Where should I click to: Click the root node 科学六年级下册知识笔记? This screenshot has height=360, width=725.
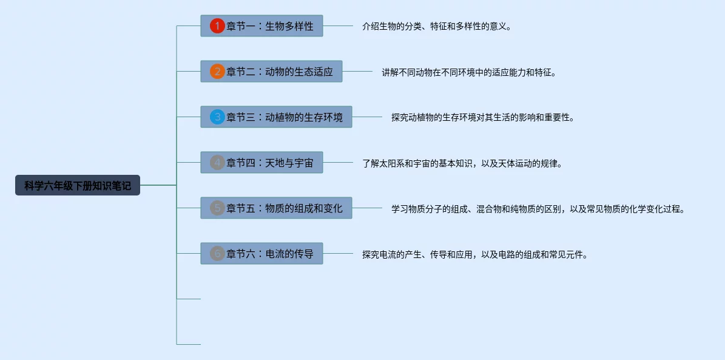pyautogui.click(x=78, y=185)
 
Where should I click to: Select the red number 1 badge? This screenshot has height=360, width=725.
pyautogui.click(x=217, y=26)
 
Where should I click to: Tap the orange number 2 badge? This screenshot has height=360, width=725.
pyautogui.click(x=217, y=72)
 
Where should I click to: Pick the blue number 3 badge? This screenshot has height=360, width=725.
pyautogui.click(x=217, y=117)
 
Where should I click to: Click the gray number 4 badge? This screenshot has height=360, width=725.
pyautogui.click(x=217, y=163)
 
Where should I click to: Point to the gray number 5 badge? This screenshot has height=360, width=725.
pyautogui.click(x=217, y=208)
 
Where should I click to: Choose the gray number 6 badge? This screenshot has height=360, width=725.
pyautogui.click(x=217, y=254)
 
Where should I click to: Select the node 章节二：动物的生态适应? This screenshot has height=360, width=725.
pyautogui.click(x=280, y=72)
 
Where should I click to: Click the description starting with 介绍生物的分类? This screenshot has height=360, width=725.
pyautogui.click(x=436, y=27)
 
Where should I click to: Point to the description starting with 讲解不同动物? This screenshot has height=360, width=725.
pyautogui.click(x=468, y=72)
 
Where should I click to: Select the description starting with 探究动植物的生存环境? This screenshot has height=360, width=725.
pyautogui.click(x=482, y=118)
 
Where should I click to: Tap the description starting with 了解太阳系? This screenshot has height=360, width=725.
pyautogui.click(x=462, y=163)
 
